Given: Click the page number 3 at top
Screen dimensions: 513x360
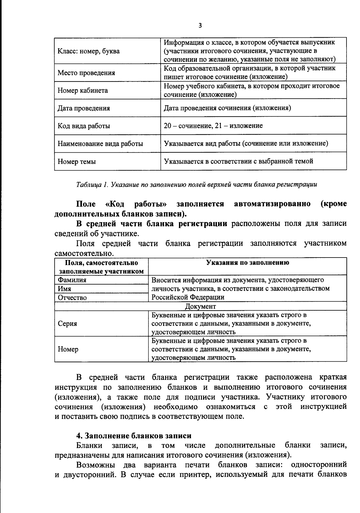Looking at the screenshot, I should tap(200, 26).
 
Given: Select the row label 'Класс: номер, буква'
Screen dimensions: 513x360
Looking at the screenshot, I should tap(88, 51).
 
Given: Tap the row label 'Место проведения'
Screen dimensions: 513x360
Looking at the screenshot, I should tap(86, 73).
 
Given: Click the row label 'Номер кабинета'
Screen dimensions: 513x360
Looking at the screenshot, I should tap(82, 91).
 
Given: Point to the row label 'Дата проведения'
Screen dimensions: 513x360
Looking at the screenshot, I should tap(84, 108).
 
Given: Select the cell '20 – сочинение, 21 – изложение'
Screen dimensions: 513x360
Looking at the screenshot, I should tap(213, 126).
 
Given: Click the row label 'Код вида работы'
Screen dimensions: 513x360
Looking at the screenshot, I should tap(84, 126).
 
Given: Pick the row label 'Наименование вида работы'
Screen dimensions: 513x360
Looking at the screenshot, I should tap(100, 144).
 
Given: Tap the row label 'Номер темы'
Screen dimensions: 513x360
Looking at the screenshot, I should tap(77, 162).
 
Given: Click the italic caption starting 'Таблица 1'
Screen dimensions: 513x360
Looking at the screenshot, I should tap(196, 185).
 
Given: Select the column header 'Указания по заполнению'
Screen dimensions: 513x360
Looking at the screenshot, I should tap(247, 263).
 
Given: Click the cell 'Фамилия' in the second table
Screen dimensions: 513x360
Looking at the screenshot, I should tap(72, 280).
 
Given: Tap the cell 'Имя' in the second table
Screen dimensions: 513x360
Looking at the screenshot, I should tap(64, 289).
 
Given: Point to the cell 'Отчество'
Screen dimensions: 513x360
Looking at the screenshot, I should tap(72, 298).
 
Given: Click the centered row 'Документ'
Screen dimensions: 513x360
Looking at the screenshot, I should tap(200, 306).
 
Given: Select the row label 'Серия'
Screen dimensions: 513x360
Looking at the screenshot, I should tap(67, 324).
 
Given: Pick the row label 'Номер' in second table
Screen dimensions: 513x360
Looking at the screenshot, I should tap(68, 349).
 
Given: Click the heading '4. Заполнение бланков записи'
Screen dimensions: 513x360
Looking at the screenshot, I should tap(133, 435).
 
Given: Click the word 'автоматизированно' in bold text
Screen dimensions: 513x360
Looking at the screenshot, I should tap(272, 204).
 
